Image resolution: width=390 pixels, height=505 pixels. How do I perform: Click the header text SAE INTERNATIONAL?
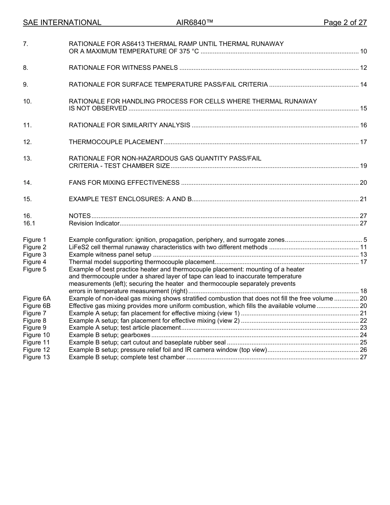[62, 23]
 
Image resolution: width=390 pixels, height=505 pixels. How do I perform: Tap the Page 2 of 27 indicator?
[345, 23]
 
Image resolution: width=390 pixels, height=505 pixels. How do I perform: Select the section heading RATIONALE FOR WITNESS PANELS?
[123, 68]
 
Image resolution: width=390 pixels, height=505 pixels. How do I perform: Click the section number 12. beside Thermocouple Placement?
[27, 142]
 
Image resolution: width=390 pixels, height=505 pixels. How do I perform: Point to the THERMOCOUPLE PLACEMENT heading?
[116, 142]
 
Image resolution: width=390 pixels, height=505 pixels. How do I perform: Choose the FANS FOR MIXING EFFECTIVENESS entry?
[124, 183]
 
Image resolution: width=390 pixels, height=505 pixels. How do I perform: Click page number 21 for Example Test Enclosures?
[363, 200]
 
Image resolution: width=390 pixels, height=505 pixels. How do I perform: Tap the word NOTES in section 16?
[80, 216]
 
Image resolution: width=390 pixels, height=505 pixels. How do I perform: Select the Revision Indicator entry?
[94, 223]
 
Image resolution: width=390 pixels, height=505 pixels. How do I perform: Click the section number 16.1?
[29, 223]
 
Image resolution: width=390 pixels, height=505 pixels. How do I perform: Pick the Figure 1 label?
[34, 240]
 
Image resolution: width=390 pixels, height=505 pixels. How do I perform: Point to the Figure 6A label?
[37, 298]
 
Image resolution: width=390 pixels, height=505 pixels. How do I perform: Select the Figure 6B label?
[37, 306]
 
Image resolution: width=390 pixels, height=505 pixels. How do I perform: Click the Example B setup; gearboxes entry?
[109, 335]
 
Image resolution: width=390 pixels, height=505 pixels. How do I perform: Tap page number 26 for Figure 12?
[363, 350]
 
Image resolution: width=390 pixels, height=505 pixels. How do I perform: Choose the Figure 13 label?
[36, 357]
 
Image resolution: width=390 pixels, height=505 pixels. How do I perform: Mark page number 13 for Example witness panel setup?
[363, 255]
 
